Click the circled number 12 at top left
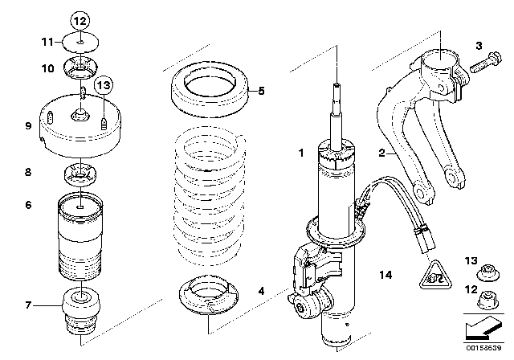(x=80, y=19)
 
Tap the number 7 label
(x=27, y=305)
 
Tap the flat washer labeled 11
(x=80, y=41)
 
